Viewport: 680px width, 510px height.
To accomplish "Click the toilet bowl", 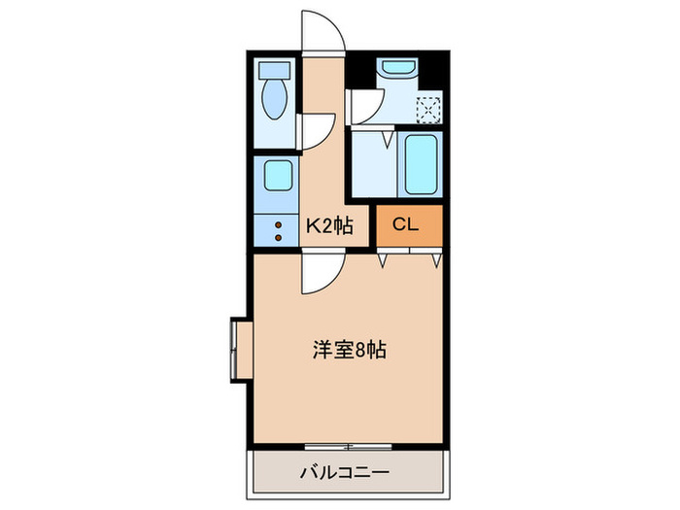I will (x=275, y=100).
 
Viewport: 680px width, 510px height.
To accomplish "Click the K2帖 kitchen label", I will (x=329, y=226).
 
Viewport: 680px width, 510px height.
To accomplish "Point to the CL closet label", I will (x=405, y=225).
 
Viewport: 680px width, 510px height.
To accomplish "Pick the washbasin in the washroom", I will (x=397, y=69).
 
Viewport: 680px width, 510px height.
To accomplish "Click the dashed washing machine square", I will (x=428, y=109).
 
